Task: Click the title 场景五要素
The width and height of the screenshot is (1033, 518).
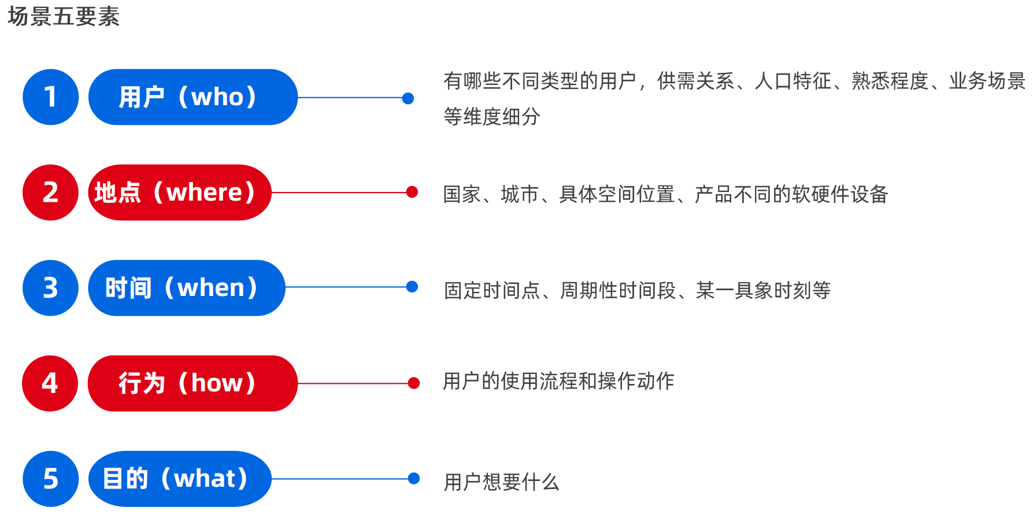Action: [64, 16]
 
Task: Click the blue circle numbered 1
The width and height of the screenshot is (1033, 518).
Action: [51, 97]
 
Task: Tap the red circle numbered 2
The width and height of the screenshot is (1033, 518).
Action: [51, 193]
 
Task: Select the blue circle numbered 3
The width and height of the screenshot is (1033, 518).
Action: [51, 288]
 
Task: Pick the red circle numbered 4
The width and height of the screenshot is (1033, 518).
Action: [50, 383]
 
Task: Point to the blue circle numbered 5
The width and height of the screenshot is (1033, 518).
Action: [51, 479]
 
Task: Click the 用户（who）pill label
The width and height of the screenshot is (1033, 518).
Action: [193, 97]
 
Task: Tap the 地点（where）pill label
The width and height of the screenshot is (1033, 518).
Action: [180, 193]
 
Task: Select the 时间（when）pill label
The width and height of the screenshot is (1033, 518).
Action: [187, 288]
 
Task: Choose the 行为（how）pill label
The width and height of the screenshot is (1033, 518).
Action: [192, 383]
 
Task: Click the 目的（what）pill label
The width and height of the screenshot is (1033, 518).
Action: [180, 479]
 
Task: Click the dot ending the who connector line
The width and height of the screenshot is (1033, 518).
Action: [408, 98]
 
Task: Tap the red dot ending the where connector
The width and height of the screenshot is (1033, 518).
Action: [412, 192]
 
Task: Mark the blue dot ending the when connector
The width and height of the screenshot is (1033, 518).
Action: [412, 287]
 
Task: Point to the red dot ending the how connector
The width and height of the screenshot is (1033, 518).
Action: [414, 383]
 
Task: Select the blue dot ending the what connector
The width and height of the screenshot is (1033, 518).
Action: [414, 478]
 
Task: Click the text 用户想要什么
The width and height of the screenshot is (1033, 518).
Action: [502, 482]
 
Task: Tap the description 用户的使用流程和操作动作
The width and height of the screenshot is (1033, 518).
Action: [559, 381]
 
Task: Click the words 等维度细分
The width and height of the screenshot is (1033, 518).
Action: [492, 117]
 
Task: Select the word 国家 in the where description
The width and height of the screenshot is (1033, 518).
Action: [462, 194]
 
